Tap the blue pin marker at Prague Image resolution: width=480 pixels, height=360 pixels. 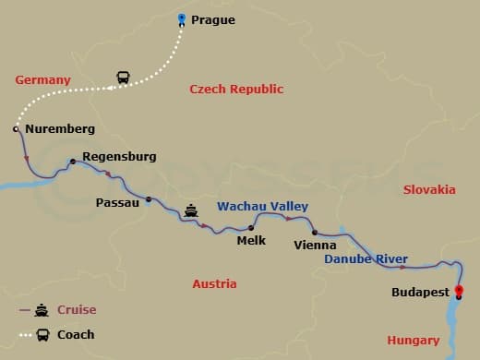[x=182, y=18]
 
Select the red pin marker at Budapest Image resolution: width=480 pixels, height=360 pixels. [x=460, y=293]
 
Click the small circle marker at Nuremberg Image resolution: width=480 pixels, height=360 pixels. [x=16, y=129]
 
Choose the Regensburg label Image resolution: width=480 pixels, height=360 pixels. [x=119, y=157]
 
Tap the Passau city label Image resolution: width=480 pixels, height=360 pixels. [x=117, y=202]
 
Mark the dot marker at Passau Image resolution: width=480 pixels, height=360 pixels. [x=149, y=198]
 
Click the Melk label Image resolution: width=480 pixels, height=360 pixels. [x=251, y=241]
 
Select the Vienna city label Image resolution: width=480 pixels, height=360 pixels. [x=314, y=246]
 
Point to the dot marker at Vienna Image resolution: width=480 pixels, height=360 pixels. [x=314, y=232]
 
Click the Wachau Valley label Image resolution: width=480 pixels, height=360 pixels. [x=262, y=207]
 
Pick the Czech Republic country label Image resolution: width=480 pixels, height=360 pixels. [x=236, y=90]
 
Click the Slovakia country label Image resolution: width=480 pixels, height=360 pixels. [x=429, y=189]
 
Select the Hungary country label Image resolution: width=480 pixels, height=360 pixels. [x=413, y=340]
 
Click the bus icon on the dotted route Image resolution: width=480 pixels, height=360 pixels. [x=123, y=78]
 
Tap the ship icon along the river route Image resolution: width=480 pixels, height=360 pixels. [x=191, y=211]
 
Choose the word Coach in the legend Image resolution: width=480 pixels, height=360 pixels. [x=76, y=334]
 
